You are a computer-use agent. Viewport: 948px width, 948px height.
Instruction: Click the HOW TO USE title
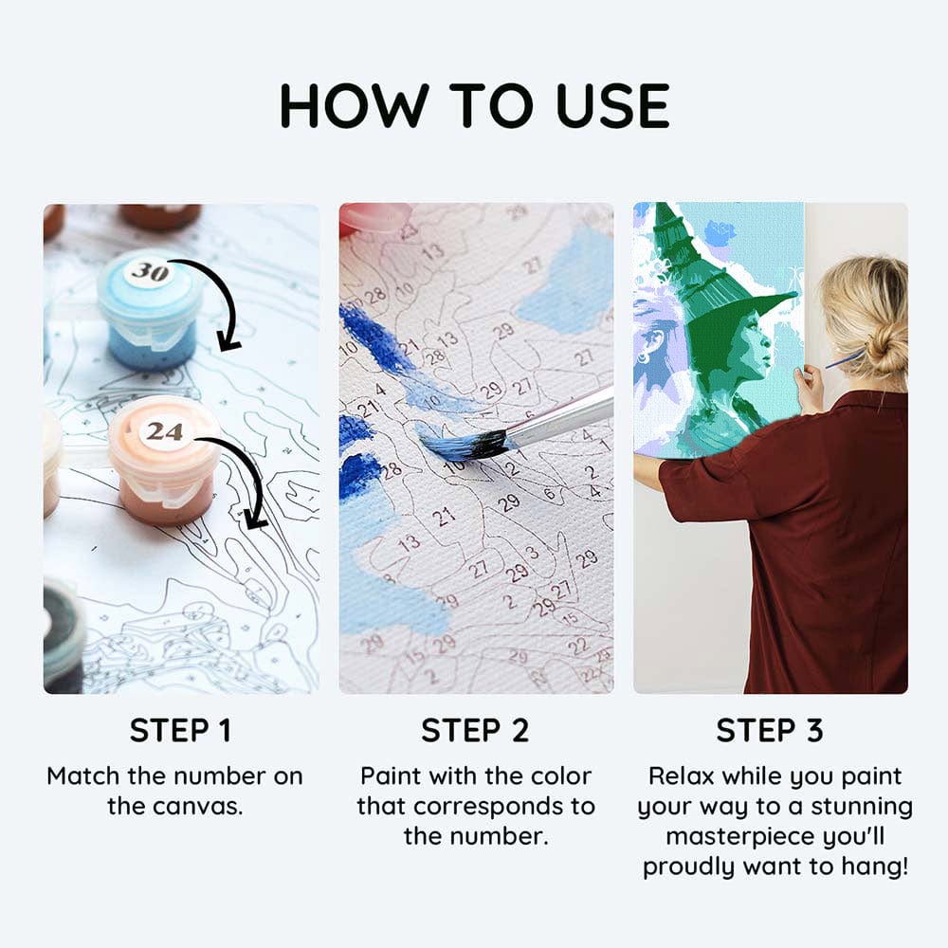(x=475, y=106)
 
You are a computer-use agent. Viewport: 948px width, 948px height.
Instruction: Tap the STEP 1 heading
(x=180, y=730)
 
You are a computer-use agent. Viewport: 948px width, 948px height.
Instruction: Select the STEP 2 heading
(x=475, y=730)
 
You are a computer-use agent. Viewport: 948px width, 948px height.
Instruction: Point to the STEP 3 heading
(x=770, y=730)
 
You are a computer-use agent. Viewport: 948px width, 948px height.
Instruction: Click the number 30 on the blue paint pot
(x=150, y=271)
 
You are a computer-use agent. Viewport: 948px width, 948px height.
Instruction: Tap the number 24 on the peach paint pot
(x=164, y=431)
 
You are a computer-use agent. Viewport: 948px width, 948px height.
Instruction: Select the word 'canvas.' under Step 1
(x=206, y=807)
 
